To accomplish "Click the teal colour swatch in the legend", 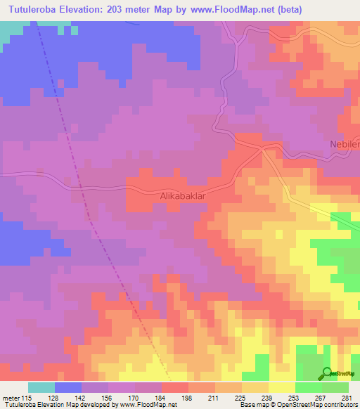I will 41,387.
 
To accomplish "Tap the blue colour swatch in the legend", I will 68,387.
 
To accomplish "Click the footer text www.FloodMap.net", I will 148,405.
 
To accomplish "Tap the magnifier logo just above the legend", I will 327,372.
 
